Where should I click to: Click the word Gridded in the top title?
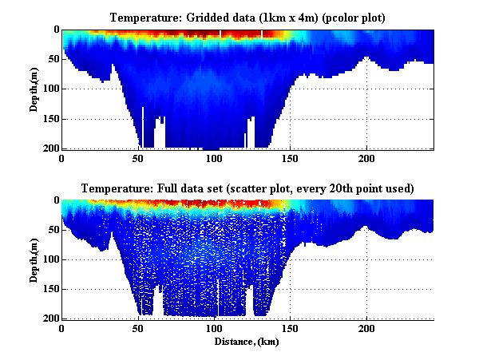(x=204, y=18)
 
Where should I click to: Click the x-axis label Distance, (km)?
(x=247, y=342)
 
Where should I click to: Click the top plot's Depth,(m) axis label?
(x=34, y=89)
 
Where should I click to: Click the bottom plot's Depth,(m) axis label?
(x=34, y=259)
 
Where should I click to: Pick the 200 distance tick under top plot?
(x=366, y=159)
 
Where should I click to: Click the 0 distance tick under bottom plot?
(x=62, y=329)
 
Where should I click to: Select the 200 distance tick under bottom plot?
(x=366, y=329)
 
